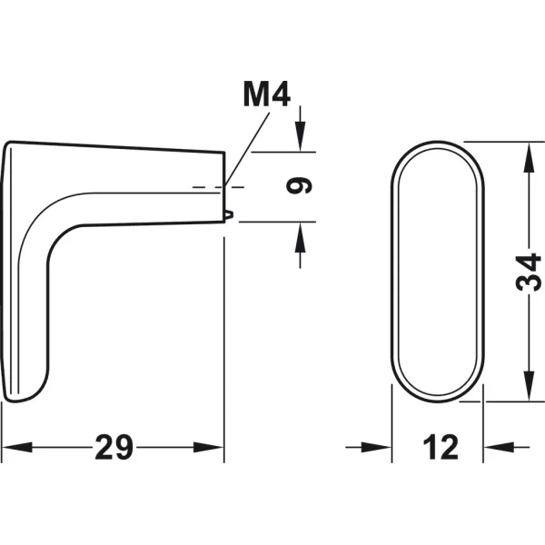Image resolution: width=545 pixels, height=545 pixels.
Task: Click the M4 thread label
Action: coord(266,94)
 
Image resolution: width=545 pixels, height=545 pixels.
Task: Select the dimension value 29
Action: coord(114,447)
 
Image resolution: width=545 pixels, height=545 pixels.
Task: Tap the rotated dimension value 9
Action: coord(299,185)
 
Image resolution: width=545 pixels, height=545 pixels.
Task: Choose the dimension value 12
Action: coord(441,447)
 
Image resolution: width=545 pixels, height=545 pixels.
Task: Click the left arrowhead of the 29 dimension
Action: coord(16,447)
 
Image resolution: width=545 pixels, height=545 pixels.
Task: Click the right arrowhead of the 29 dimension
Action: coord(209,447)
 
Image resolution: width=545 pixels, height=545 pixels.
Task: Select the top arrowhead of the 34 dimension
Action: coord(529,157)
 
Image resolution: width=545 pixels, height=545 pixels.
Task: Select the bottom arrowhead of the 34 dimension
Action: coord(529,386)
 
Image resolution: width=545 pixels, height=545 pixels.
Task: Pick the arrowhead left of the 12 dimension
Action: coord(376,447)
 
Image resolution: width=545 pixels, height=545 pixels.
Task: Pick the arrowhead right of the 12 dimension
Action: coord(499,447)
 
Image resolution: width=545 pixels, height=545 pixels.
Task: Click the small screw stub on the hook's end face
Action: coord(230,215)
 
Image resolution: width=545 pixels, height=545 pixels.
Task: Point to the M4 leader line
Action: coord(247,150)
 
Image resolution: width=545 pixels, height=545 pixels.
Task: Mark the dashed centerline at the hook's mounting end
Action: coord(218,187)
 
